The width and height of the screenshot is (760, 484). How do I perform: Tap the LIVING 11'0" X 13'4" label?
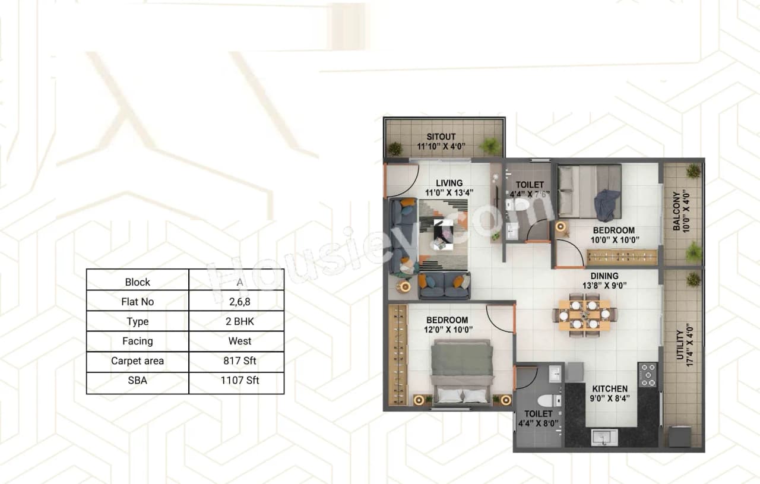coord(448,188)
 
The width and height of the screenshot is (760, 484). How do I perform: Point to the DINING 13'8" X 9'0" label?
coord(604,280)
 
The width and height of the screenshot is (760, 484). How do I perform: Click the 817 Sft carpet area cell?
coord(236,361)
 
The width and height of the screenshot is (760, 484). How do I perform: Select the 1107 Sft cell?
coord(236,381)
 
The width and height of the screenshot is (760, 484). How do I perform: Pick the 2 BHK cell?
coord(236,321)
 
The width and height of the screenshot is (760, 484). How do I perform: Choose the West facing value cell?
coord(236,341)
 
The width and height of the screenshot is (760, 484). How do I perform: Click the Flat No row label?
coord(137,302)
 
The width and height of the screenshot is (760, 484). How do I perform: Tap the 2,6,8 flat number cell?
coord(236,302)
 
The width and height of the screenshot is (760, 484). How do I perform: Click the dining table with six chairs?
coord(585,315)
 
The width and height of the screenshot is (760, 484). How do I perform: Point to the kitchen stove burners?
coord(648,375)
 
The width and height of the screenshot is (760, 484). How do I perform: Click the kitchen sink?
coord(604,438)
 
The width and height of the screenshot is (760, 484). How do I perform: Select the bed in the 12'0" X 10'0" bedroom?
coord(463,371)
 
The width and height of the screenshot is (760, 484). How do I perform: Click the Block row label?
coord(137,282)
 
